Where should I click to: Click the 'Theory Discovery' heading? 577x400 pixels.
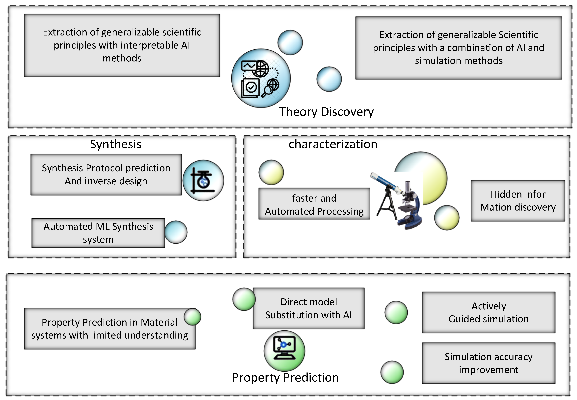(x=326, y=112)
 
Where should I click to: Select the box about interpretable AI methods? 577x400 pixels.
(x=122, y=45)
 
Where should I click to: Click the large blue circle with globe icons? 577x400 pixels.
(x=261, y=78)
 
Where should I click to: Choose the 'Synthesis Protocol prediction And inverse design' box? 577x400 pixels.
(x=106, y=174)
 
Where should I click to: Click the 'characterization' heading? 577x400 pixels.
(x=333, y=144)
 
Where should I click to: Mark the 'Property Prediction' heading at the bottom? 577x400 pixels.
(x=285, y=377)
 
